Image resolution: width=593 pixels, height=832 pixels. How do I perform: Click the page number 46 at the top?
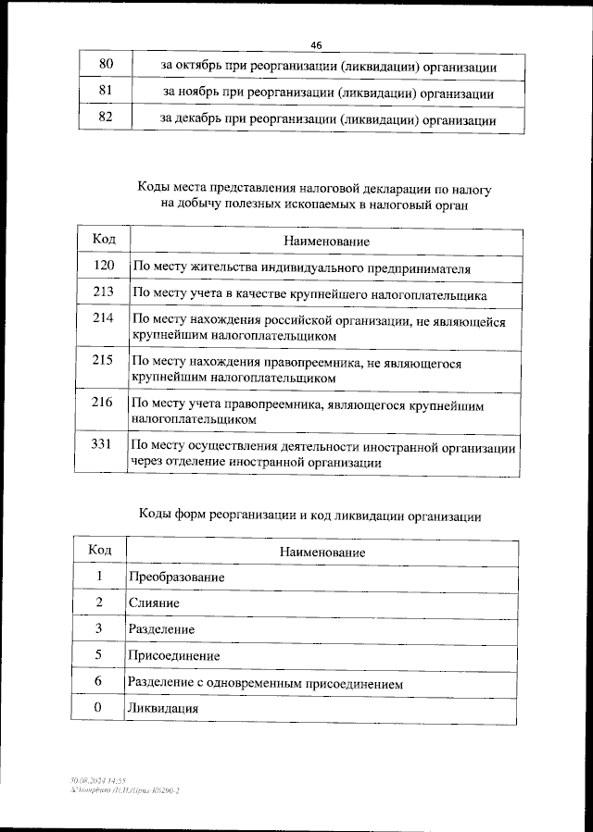[316, 45]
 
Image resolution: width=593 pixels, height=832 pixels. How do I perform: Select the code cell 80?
[106, 65]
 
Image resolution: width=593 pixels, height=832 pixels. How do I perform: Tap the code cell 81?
[106, 93]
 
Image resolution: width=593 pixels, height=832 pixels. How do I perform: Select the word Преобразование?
[175, 577]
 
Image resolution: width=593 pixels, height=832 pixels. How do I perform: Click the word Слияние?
[153, 603]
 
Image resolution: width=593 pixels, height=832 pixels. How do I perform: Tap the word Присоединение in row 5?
[173, 656]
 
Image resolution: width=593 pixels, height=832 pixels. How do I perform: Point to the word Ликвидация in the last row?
[162, 709]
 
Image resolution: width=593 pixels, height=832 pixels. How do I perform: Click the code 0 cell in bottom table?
[99, 708]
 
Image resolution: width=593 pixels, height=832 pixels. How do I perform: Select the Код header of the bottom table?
[100, 551]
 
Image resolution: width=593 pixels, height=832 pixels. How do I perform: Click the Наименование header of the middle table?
[326, 241]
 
